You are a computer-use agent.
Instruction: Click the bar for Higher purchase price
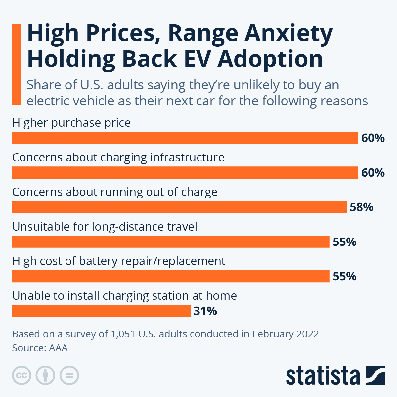(185, 138)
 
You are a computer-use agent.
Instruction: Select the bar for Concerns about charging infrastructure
(185, 173)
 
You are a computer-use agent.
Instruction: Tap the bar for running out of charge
(179, 207)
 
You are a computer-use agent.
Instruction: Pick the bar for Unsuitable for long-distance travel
(171, 242)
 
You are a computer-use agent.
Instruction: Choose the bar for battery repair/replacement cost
(171, 276)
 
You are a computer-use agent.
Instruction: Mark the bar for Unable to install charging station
(102, 311)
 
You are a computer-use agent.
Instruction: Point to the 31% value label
(205, 311)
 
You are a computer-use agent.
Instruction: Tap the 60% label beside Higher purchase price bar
(373, 138)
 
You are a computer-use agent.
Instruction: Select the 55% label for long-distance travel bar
(344, 242)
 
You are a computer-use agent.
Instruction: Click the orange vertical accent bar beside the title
(17, 65)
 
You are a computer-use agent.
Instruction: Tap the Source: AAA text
(40, 348)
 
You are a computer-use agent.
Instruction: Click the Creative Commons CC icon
(22, 375)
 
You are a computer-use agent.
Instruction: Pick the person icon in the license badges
(45, 375)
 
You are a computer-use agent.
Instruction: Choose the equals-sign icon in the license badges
(69, 375)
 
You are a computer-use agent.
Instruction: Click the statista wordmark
(323, 375)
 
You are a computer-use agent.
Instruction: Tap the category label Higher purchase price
(71, 123)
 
